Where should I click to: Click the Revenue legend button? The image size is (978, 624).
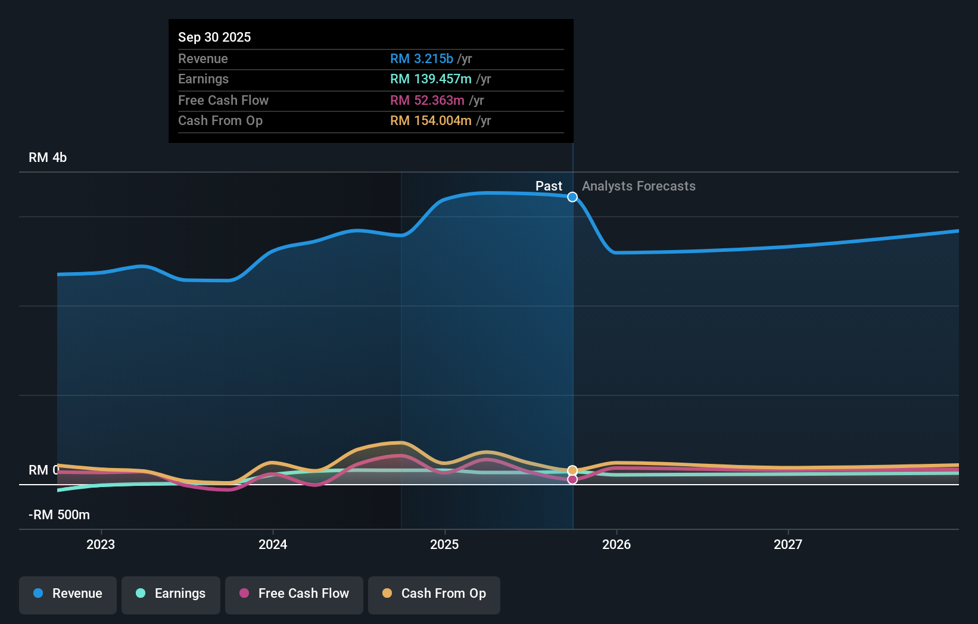(x=68, y=594)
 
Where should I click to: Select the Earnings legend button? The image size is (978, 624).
(x=171, y=594)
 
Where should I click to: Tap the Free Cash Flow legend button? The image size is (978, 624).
(x=294, y=594)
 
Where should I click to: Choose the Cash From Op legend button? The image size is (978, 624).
(x=434, y=594)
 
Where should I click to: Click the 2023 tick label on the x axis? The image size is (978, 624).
(x=101, y=545)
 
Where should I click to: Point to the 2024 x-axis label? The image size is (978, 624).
(x=273, y=545)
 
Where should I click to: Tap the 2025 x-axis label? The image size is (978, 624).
(x=444, y=545)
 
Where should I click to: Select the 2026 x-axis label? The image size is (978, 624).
(x=616, y=545)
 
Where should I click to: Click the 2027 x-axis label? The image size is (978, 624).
(x=788, y=545)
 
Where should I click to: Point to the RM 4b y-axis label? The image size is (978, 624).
(x=48, y=158)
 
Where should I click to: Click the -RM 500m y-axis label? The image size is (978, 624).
(x=59, y=515)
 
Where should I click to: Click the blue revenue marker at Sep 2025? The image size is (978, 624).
(x=572, y=197)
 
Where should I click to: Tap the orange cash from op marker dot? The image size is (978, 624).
(x=572, y=470)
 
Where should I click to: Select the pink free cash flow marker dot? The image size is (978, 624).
(x=572, y=479)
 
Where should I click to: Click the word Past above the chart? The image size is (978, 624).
(x=549, y=186)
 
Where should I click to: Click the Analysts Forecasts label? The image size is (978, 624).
(x=638, y=186)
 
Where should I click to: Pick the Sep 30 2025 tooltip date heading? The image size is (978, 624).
(x=214, y=38)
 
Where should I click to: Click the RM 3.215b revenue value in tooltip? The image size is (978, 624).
(x=422, y=59)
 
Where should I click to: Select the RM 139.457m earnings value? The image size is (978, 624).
(x=431, y=79)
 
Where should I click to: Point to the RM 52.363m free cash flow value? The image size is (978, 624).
(x=427, y=101)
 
